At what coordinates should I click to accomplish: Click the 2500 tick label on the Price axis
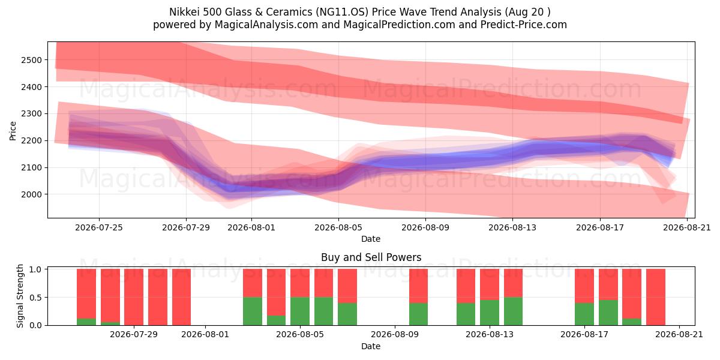click(x=31, y=60)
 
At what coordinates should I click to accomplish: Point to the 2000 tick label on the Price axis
click(x=31, y=194)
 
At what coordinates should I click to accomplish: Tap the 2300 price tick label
click(x=31, y=114)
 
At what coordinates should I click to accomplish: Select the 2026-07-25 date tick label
click(x=99, y=227)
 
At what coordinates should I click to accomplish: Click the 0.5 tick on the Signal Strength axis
click(x=35, y=298)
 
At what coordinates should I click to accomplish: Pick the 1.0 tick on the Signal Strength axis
click(x=35, y=269)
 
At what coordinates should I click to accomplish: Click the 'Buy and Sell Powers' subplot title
click(x=371, y=257)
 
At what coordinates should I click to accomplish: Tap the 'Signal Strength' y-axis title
click(x=20, y=296)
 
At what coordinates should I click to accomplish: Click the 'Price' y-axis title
click(x=13, y=131)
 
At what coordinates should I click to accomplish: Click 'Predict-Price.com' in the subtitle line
click(x=524, y=25)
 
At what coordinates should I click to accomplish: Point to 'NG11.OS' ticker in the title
click(x=342, y=12)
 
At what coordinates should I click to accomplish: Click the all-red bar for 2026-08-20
click(x=656, y=297)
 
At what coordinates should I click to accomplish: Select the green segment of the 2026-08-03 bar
click(x=253, y=311)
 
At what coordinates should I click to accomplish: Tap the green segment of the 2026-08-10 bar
click(x=419, y=314)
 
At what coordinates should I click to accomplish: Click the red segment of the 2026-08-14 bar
click(x=514, y=283)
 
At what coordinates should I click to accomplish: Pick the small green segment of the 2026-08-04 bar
click(x=276, y=320)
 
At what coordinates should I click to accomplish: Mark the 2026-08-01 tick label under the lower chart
click(x=205, y=335)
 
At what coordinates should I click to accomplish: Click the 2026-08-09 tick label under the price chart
click(x=425, y=227)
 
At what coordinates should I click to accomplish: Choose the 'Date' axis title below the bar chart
click(x=371, y=346)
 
